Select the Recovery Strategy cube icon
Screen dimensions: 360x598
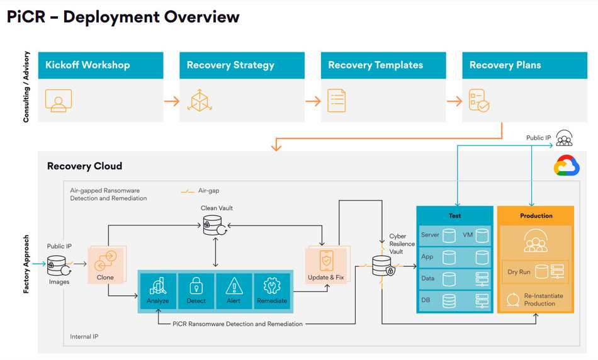(200, 101)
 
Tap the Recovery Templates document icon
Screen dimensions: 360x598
(337, 101)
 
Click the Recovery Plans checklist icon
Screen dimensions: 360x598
(478, 101)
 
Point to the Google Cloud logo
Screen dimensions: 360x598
(566, 166)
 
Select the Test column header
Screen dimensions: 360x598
(454, 215)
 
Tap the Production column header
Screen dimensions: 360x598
(536, 215)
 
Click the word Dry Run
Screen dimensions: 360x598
(519, 273)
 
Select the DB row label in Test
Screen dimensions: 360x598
(426, 300)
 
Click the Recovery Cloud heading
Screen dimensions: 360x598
(84, 166)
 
